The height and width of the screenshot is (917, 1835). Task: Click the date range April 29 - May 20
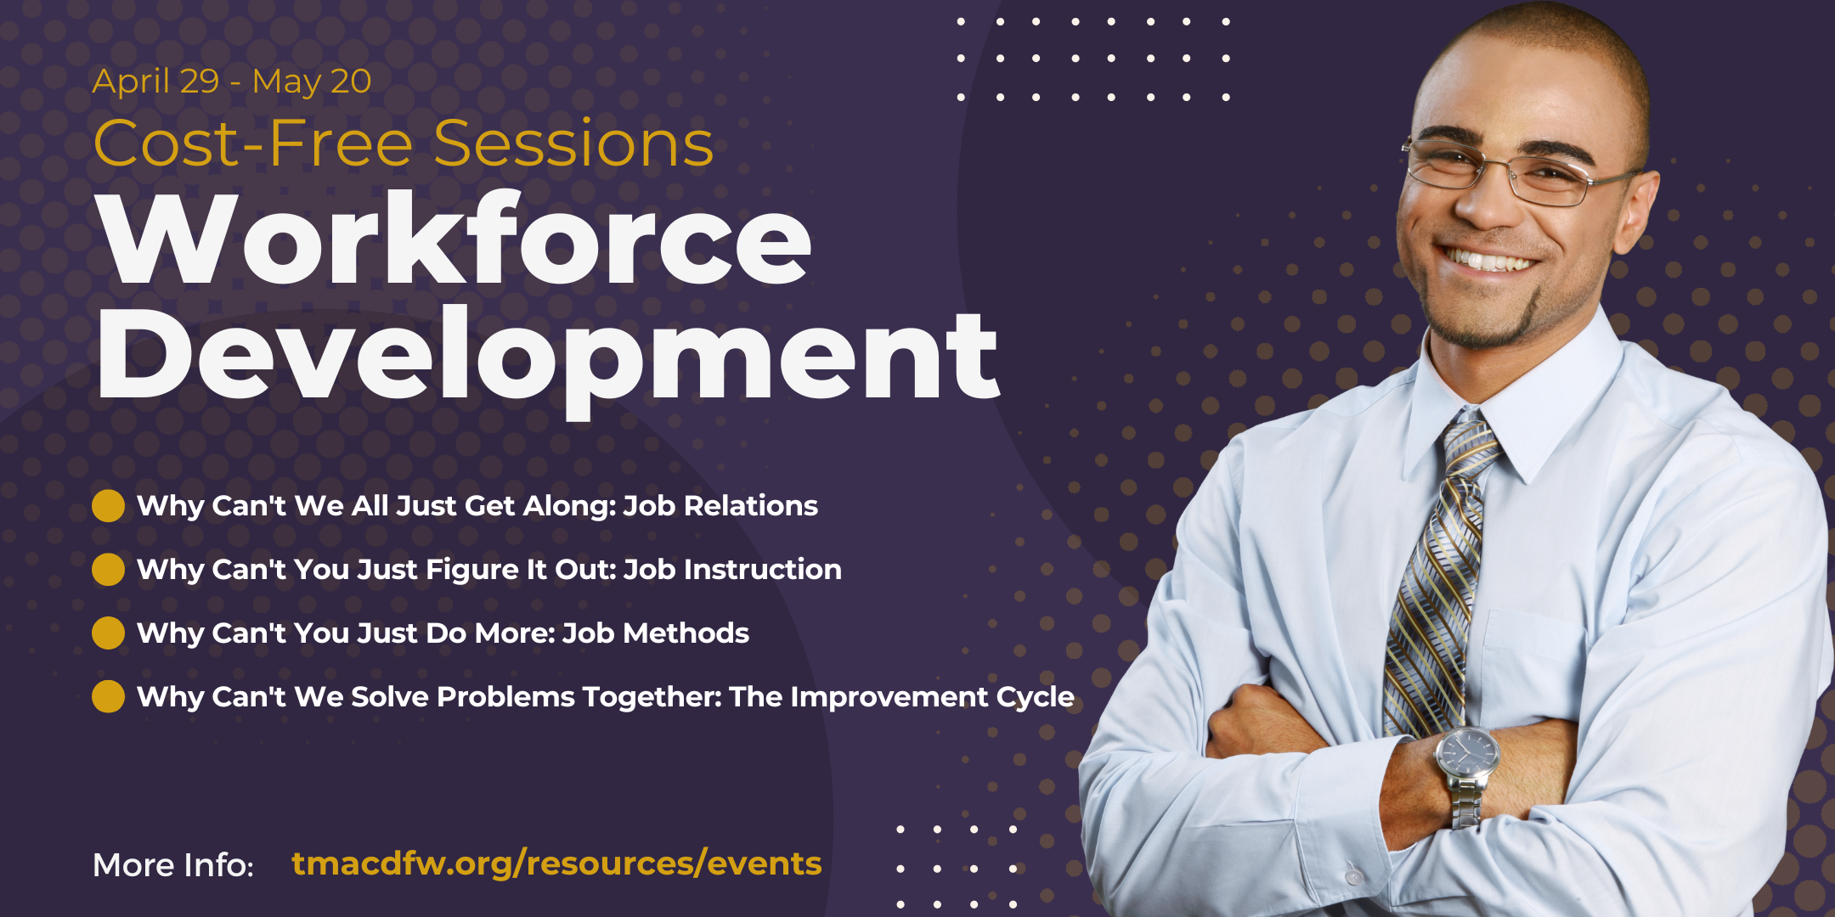(231, 82)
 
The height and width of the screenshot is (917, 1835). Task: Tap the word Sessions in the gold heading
(573, 143)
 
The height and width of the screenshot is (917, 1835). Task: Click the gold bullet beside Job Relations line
(108, 506)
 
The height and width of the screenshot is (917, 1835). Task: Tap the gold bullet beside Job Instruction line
(108, 570)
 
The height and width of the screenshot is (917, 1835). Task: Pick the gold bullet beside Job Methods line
(108, 633)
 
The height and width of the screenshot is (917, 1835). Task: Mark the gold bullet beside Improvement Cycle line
(108, 697)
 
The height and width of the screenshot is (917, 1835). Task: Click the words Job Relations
(720, 506)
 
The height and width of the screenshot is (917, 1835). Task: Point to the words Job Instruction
(732, 570)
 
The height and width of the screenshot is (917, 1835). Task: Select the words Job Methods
(655, 633)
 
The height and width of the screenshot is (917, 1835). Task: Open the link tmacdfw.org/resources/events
(556, 864)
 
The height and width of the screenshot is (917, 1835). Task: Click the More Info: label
(173, 865)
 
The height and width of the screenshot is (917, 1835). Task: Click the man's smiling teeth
(1491, 260)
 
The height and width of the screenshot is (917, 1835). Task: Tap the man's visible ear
(1635, 212)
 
